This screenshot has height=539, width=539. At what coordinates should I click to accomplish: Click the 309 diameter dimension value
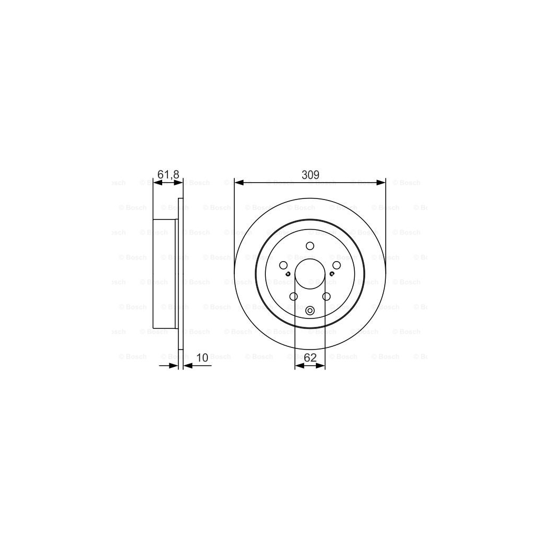click(x=310, y=175)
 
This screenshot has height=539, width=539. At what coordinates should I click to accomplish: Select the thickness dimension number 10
click(x=202, y=358)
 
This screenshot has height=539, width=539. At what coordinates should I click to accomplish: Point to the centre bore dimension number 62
click(x=310, y=358)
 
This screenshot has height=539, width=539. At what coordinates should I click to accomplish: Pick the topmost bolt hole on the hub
click(x=310, y=245)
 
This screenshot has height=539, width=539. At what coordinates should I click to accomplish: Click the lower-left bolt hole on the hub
click(x=293, y=297)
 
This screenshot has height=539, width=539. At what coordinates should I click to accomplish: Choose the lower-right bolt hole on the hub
click(x=326, y=297)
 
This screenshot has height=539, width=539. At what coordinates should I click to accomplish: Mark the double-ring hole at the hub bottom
click(x=310, y=311)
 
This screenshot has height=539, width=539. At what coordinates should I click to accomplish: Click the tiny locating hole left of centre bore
click(x=288, y=273)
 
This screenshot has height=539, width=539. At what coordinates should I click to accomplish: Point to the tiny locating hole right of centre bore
click(x=332, y=273)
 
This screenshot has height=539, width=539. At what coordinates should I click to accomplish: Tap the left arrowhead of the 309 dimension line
click(x=238, y=183)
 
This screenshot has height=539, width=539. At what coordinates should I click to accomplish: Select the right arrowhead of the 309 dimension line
click(x=382, y=183)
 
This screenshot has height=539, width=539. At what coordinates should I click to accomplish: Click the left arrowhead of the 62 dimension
click(x=298, y=366)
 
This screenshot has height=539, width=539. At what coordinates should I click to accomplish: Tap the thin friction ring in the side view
click(x=181, y=274)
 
